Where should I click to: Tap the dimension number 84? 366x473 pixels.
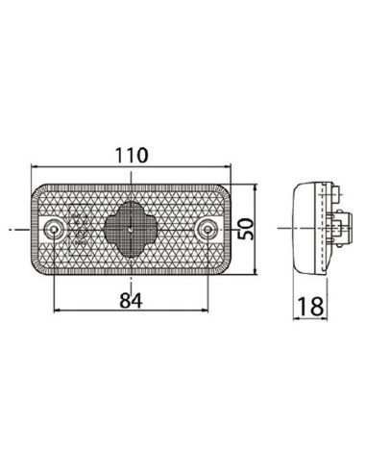click(131, 300)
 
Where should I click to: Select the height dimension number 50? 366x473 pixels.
click(249, 230)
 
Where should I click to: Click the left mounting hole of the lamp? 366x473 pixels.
click(55, 229)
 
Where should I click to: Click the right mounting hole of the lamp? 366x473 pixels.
click(207, 229)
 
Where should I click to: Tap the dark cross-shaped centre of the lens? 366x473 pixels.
click(131, 229)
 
